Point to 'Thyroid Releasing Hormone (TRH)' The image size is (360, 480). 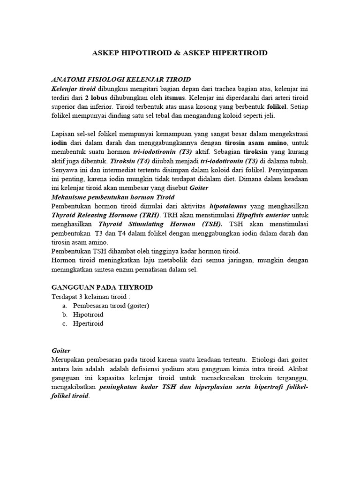coord(105,215)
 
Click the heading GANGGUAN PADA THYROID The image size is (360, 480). coord(102,287)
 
